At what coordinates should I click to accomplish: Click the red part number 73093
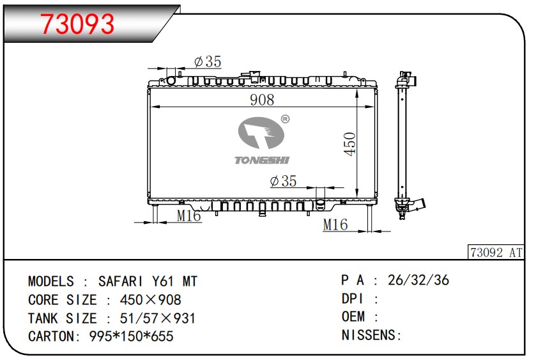click(x=77, y=24)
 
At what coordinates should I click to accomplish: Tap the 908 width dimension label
click(x=262, y=100)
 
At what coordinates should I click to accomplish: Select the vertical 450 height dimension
click(x=350, y=144)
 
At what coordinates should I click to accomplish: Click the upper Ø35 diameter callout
click(x=208, y=61)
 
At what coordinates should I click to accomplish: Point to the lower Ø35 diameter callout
click(x=283, y=181)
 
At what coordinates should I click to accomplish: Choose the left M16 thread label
click(x=188, y=215)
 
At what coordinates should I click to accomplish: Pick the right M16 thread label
click(x=335, y=224)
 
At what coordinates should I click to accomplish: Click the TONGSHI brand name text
click(x=262, y=160)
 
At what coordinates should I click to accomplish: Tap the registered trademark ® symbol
click(x=285, y=119)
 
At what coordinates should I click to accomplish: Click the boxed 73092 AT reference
click(x=496, y=253)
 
